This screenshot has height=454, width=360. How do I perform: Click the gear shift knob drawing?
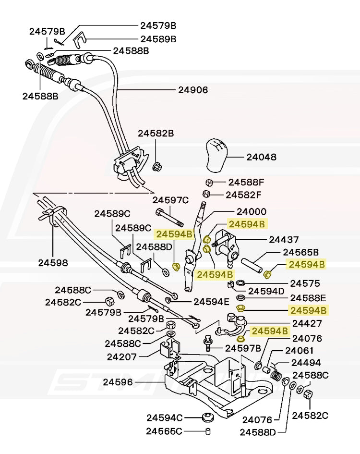coord(218,155)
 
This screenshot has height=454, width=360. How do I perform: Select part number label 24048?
coord(262,157)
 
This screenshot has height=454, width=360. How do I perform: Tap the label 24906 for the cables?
coord(193,89)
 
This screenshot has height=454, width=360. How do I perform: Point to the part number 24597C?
coord(171,200)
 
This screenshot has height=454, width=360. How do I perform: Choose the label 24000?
coord(251,211)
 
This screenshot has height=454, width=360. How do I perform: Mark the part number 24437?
coord(284,239)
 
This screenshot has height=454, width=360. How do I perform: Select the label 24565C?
coord(165,431)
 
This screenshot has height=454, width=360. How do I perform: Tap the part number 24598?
coord(53,263)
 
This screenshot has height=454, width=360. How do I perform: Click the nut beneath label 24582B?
coord(157,167)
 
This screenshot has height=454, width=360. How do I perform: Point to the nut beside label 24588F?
coord(209,183)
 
